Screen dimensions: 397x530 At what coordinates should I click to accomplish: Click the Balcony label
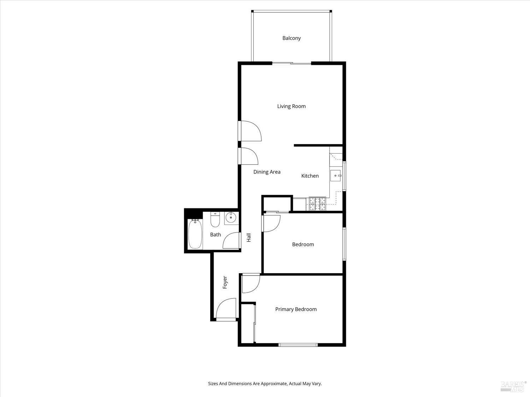291,38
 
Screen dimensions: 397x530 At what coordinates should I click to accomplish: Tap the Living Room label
291,106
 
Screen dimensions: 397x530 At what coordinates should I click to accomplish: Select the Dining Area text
267,172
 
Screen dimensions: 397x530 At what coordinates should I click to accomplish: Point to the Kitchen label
310,176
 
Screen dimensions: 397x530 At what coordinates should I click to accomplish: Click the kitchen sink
336,175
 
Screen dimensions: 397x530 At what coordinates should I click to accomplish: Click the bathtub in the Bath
195,234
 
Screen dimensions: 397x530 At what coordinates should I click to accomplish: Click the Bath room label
216,235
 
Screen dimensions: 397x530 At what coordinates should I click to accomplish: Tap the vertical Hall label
249,237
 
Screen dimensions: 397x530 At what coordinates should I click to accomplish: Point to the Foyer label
225,283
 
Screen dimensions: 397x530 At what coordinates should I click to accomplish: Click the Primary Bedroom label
296,309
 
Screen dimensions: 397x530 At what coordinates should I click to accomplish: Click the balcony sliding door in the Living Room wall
291,64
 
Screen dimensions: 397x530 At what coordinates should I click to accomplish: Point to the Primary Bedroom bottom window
298,345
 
